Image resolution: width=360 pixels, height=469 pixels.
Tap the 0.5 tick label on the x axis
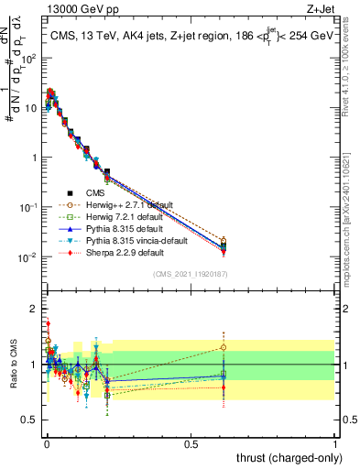pyautogui.click(x=191, y=443)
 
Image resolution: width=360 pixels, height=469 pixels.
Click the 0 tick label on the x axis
pyautogui.click(x=46, y=443)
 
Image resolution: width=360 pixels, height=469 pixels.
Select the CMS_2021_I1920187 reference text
pyautogui.click(x=191, y=274)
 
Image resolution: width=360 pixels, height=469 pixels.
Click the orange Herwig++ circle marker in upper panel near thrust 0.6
pyautogui.click(x=224, y=241)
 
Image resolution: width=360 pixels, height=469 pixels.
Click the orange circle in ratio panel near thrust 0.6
pyautogui.click(x=224, y=347)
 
